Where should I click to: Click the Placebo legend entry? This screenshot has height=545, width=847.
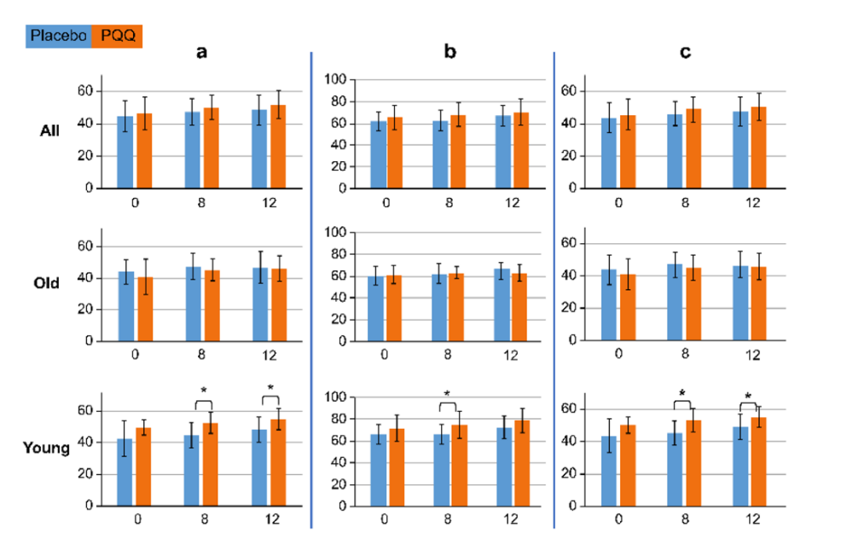(x=59, y=35)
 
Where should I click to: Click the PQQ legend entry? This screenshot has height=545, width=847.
(x=117, y=35)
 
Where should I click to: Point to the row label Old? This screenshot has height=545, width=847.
(x=46, y=283)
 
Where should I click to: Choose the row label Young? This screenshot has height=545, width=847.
(x=47, y=446)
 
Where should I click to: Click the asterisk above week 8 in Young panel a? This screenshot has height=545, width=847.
(x=203, y=391)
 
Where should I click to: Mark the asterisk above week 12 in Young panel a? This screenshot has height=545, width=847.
(x=270, y=389)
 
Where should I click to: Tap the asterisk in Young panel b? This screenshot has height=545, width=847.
(x=448, y=394)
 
